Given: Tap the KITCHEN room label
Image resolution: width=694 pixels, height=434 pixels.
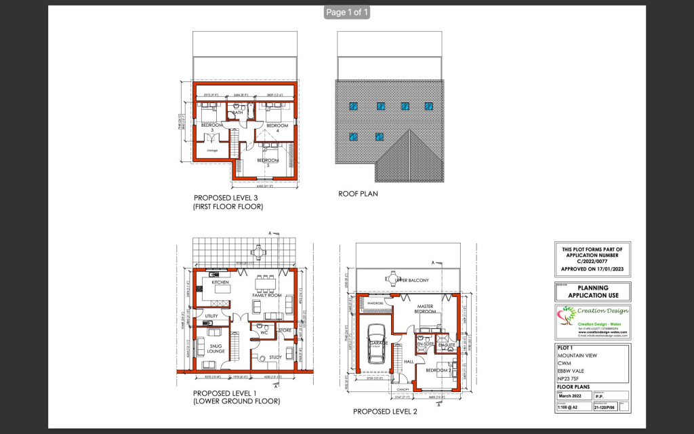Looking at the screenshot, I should tap(220, 282).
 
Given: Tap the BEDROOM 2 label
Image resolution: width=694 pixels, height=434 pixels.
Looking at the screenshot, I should tap(438, 371).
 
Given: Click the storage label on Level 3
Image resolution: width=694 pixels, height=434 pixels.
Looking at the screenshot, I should tap(212, 151).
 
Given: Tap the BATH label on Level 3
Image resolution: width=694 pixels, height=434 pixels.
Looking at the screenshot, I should tap(239, 113).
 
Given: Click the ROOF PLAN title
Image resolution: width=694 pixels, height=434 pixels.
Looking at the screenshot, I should tap(358, 193).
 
